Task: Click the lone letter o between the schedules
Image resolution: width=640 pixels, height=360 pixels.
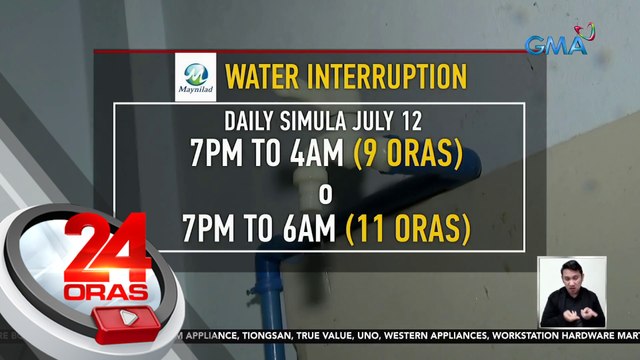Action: point(323,193)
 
